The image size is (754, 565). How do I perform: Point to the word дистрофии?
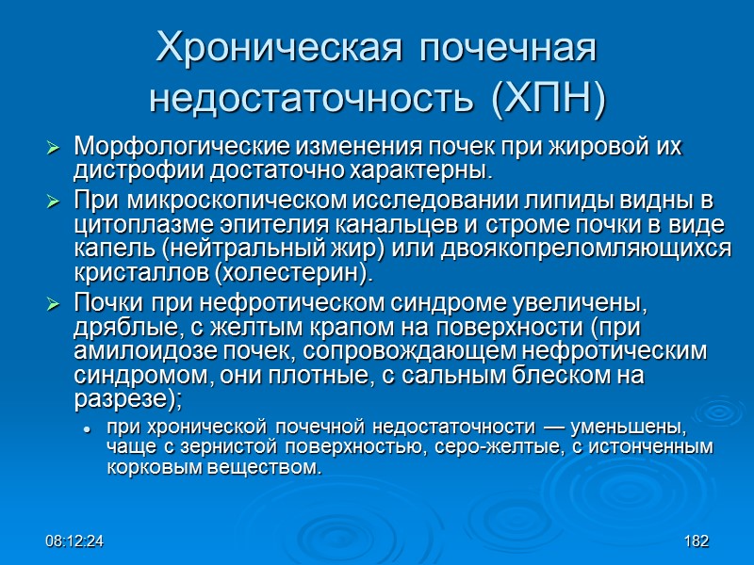[x=126, y=172]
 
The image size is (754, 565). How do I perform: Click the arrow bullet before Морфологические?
[x=54, y=149]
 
